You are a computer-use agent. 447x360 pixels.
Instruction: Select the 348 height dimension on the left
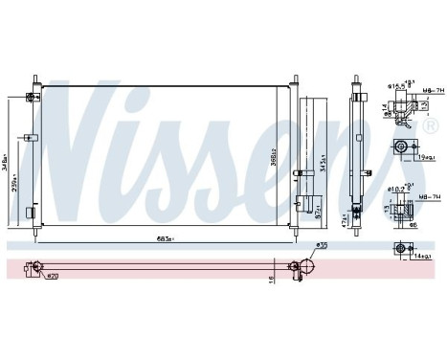pos(8,154)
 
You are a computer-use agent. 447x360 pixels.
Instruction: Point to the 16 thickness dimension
pos(271,279)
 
